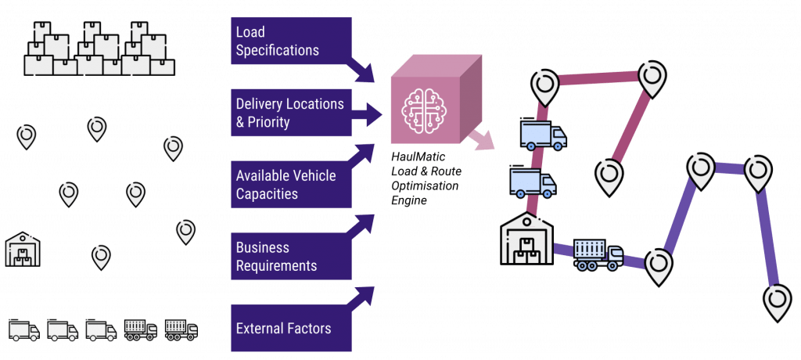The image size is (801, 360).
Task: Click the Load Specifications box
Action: pyautogui.click(x=291, y=41)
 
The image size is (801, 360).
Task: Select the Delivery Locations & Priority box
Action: pyautogui.click(x=291, y=113)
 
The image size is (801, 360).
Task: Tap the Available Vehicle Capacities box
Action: pyautogui.click(x=291, y=185)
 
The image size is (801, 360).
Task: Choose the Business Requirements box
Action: pyautogui.click(x=291, y=256)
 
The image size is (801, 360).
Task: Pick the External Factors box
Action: pyautogui.click(x=291, y=328)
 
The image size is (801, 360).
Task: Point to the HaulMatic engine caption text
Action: pyautogui.click(x=425, y=177)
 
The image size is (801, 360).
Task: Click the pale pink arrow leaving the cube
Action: pyautogui.click(x=482, y=140)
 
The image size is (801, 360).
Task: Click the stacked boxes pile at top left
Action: pyautogui.click(x=99, y=49)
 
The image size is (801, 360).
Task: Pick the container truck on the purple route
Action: pyautogui.click(x=598, y=254)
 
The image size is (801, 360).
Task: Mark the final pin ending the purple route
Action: pyautogui.click(x=778, y=303)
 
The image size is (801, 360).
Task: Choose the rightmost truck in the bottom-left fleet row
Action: pyautogui.click(x=181, y=329)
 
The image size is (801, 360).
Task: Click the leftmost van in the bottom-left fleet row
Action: pyautogui.click(x=24, y=329)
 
